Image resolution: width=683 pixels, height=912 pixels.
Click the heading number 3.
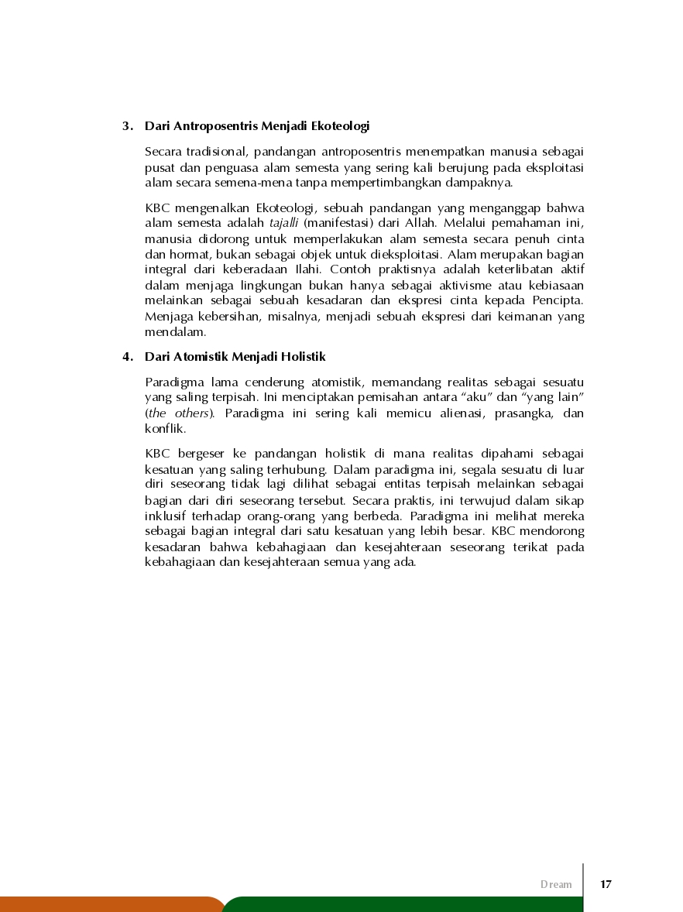(x=125, y=125)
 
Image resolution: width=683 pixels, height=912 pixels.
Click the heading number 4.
(x=125, y=357)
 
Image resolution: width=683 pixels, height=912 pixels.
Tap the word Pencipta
(x=558, y=300)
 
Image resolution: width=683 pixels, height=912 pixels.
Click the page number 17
(x=606, y=884)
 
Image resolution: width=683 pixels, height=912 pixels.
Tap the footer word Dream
(x=556, y=884)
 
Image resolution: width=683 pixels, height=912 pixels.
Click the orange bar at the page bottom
(x=108, y=904)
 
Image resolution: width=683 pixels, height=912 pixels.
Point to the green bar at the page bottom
(x=403, y=904)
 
